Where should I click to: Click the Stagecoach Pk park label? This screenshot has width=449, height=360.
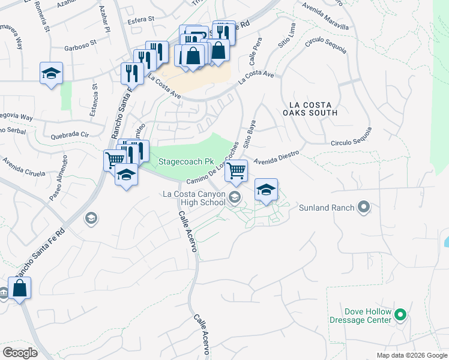pyautogui.click(x=186, y=162)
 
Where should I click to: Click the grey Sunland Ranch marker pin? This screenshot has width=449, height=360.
pyautogui.click(x=363, y=208)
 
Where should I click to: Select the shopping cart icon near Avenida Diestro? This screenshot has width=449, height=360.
pyautogui.click(x=237, y=170)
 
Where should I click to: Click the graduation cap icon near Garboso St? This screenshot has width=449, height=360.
pyautogui.click(x=52, y=73)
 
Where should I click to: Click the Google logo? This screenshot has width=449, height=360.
pyautogui.click(x=20, y=353)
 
